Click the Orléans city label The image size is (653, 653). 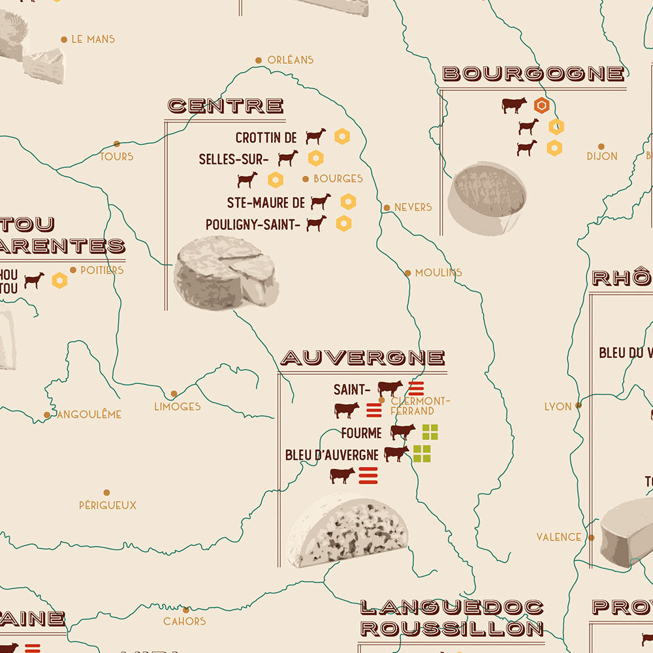click(x=291, y=59)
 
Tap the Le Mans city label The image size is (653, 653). click(x=93, y=39)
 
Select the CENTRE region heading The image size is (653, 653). click(x=225, y=106)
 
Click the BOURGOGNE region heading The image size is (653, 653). click(x=533, y=73)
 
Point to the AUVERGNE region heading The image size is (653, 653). click(x=362, y=358)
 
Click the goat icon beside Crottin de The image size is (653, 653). click(x=316, y=136)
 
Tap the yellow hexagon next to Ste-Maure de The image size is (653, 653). click(x=348, y=202)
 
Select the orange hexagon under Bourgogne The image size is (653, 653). click(x=541, y=105)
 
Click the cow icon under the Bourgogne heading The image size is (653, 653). click(x=514, y=105)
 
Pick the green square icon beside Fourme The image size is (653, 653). click(x=430, y=432)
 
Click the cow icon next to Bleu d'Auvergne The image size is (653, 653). click(x=396, y=454)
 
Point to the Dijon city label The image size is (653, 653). click(x=601, y=156)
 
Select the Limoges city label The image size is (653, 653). click(x=177, y=406)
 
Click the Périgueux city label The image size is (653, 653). click(x=108, y=505)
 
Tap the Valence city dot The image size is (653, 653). click(x=591, y=537)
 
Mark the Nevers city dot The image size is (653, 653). click(x=387, y=208)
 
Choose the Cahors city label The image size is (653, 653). click(x=185, y=621)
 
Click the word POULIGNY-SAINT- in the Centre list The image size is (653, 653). click(x=253, y=225)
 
